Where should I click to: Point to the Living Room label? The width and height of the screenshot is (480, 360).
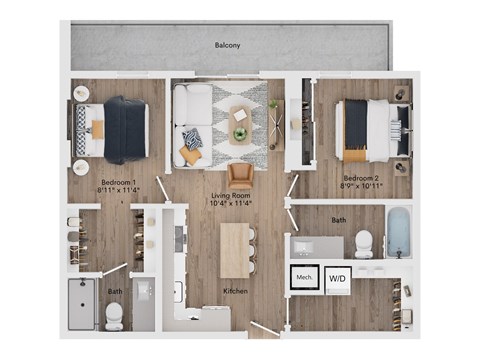pyautogui.click(x=229, y=199)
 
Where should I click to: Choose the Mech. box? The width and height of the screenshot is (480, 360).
pyautogui.click(x=304, y=279)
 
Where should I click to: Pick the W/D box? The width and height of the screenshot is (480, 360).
pyautogui.click(x=338, y=279)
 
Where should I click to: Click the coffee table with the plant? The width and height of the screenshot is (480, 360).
pyautogui.click(x=240, y=124)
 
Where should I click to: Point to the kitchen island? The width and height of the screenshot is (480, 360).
pyautogui.click(x=235, y=249)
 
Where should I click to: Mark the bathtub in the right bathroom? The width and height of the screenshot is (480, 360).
pyautogui.click(x=398, y=233)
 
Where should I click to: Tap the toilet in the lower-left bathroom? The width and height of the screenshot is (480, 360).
pyautogui.click(x=114, y=314)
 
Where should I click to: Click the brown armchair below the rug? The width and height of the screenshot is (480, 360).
pyautogui.click(x=240, y=174)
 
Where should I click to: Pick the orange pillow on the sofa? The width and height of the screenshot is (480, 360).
pyautogui.click(x=189, y=155)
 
